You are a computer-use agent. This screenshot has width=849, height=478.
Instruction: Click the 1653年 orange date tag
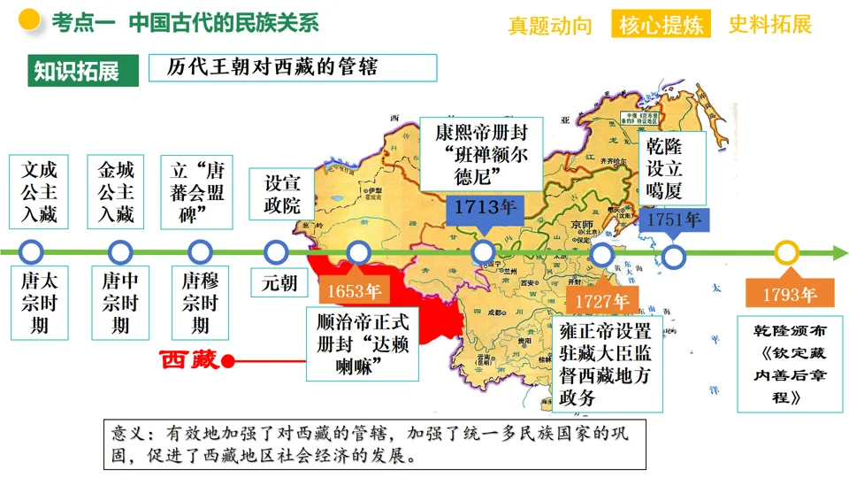pos(354,291)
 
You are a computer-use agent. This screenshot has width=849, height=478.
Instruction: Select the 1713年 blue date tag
pos(486,208)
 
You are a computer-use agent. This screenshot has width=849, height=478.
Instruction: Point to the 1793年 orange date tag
pos(786,294)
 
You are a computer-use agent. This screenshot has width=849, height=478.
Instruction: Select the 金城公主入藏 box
pos(116,190)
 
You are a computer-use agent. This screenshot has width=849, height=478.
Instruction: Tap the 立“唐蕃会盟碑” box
pos(198,190)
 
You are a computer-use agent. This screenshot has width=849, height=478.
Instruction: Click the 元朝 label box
pos(279,283)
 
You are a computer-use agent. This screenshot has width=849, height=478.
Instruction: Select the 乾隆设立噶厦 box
pos(671,168)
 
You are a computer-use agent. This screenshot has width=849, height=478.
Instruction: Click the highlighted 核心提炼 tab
pos(662,24)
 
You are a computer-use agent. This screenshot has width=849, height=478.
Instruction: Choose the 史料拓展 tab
pos(770,24)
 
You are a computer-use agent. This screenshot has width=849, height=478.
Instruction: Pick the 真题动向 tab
pos(550,26)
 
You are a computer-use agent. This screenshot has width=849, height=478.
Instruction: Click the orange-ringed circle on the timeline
pos(786,253)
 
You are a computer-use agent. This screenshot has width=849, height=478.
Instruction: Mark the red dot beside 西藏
pos(228,361)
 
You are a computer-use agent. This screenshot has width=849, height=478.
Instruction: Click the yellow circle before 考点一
pos(30,19)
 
